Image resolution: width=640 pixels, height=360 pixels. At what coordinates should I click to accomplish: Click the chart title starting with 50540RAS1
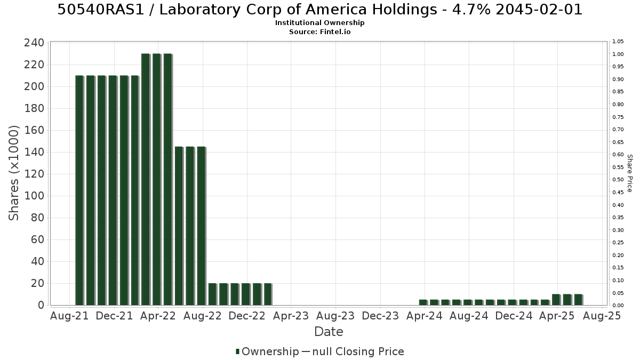click(319, 10)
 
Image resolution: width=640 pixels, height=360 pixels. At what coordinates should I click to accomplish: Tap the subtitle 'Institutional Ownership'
click(319, 23)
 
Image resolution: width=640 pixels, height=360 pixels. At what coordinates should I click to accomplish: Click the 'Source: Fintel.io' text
click(319, 31)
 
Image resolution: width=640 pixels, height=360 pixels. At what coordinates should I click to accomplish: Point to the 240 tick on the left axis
click(34, 43)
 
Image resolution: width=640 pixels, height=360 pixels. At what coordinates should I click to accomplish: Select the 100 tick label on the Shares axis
click(34, 196)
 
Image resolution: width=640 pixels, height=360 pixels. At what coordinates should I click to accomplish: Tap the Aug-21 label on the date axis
click(69, 316)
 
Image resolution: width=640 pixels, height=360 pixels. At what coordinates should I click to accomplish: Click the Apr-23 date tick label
click(291, 316)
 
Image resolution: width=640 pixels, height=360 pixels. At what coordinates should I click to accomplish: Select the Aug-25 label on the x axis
click(602, 316)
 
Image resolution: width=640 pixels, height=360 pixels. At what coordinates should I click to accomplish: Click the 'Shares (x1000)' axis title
click(13, 173)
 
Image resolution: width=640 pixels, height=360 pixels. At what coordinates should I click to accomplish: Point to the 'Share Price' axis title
click(630, 173)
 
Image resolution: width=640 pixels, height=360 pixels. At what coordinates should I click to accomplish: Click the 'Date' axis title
click(329, 332)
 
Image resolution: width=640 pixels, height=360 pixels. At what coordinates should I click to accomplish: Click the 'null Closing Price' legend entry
click(353, 351)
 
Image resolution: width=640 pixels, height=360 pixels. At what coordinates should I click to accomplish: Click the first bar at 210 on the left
click(79, 190)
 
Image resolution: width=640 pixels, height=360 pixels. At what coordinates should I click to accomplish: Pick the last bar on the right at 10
click(578, 300)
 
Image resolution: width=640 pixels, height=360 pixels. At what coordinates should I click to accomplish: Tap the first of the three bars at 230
click(146, 179)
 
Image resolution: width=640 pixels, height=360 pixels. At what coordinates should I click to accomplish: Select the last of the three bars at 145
click(202, 226)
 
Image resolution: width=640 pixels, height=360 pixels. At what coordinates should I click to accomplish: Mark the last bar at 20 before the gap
click(268, 294)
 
